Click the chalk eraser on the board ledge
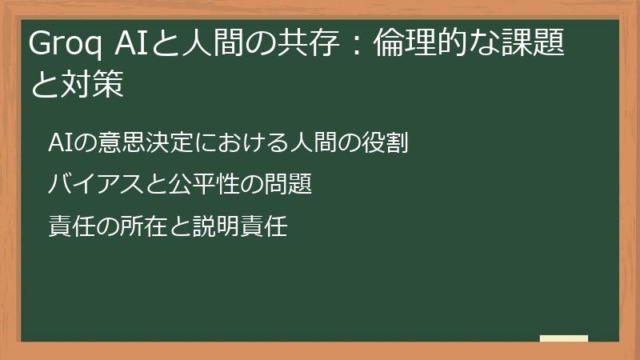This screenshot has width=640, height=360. click(x=564, y=338)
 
